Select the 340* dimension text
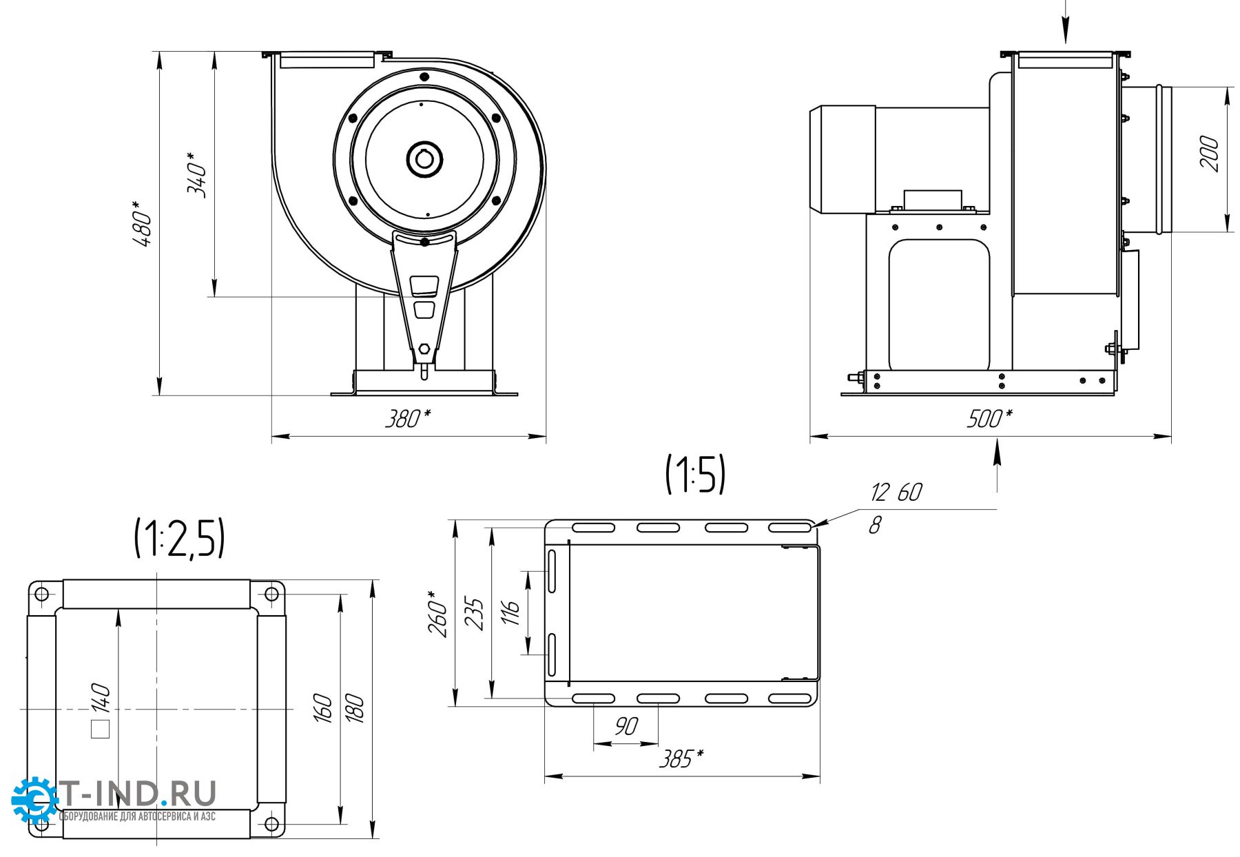point(198,175)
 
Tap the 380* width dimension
point(407,418)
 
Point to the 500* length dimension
point(989,418)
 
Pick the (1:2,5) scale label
point(179,538)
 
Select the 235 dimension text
point(475,613)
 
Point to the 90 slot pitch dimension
point(626,726)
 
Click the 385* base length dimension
point(681,759)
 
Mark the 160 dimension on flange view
point(323,708)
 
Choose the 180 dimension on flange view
point(354,708)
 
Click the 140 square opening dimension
point(101,699)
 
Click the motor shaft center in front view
point(424,160)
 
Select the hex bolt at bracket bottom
point(424,349)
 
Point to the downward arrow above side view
point(1065,28)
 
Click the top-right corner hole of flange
point(271,594)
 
